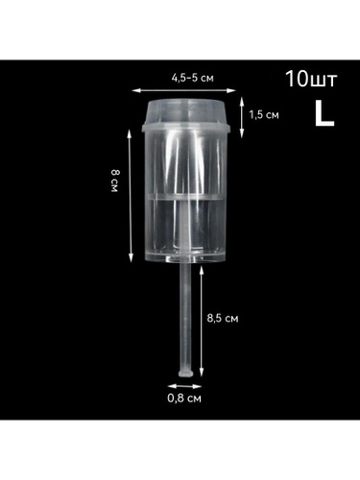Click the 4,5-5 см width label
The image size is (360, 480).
[192, 78]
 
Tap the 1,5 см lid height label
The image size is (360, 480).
[264, 114]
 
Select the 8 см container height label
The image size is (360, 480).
[114, 180]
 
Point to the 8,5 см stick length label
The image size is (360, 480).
[223, 319]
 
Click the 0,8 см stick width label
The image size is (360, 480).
[184, 398]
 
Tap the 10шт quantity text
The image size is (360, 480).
[311, 79]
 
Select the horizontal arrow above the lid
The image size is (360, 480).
[183, 90]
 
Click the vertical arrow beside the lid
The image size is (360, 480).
[242, 117]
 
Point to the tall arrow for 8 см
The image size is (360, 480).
[131, 196]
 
